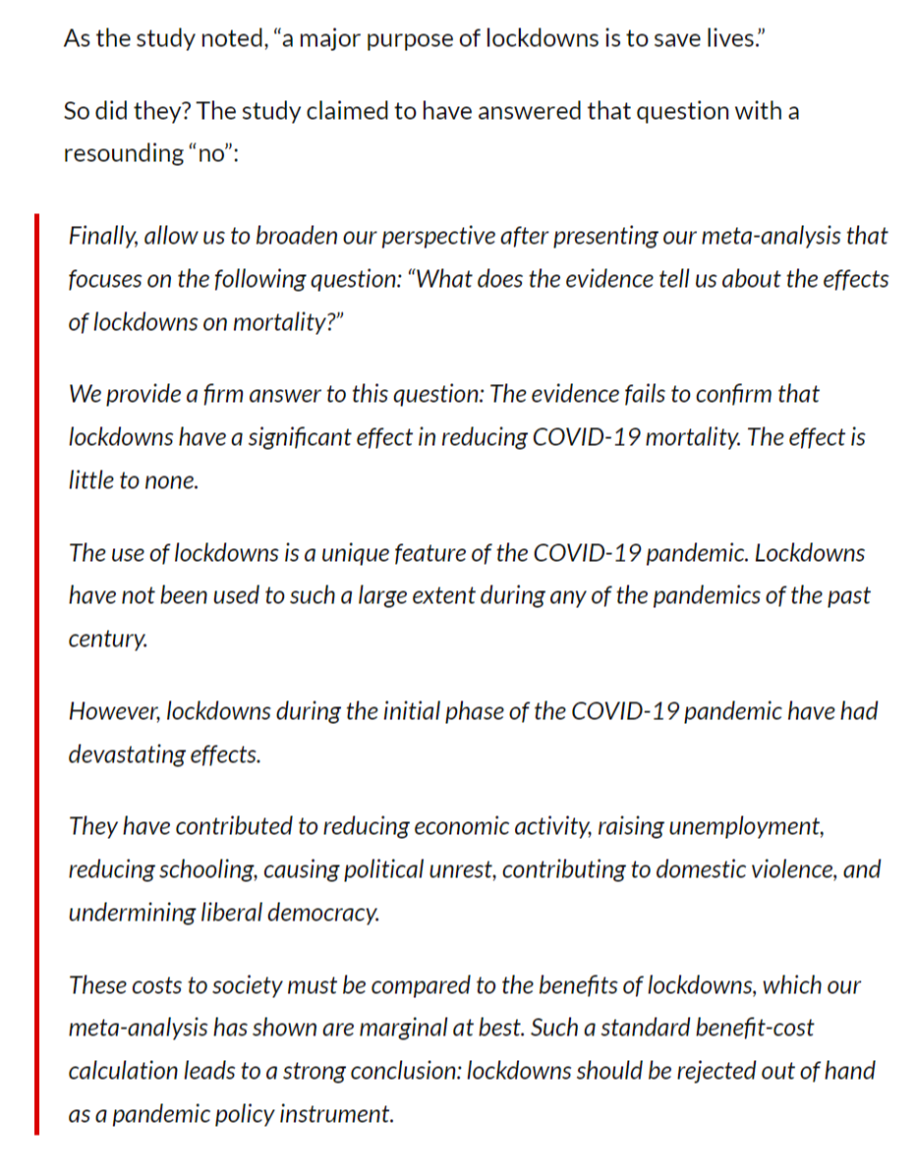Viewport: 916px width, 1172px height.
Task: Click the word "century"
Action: [x=107, y=639]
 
